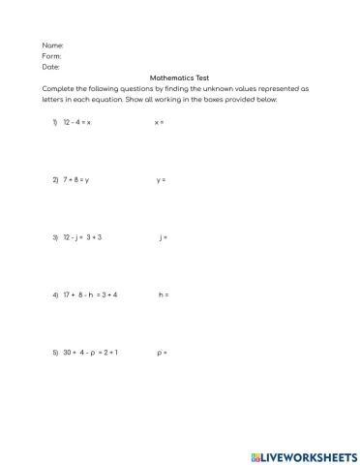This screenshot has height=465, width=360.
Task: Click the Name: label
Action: click(53, 46)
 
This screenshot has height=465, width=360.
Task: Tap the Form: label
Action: click(52, 56)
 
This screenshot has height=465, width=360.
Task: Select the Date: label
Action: click(51, 67)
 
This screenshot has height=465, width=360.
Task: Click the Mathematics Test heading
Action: click(179, 77)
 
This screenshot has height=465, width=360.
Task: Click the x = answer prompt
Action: click(159, 123)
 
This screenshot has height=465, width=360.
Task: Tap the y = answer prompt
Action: click(161, 180)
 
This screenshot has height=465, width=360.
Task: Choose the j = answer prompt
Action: click(163, 236)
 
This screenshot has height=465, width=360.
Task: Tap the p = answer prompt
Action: click(162, 352)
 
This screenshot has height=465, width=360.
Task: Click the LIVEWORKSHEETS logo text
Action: click(304, 453)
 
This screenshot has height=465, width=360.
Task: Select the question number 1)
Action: click(55, 123)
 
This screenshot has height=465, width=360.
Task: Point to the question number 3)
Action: click(55, 236)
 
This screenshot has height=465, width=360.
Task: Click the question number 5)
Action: click(55, 352)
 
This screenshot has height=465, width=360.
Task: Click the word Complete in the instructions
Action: click(59, 88)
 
